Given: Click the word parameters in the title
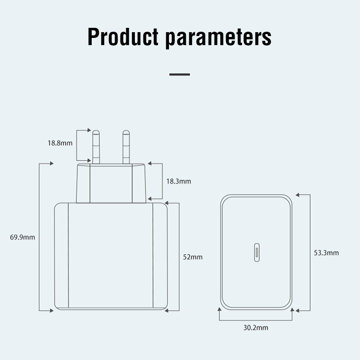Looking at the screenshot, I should tap(218, 37).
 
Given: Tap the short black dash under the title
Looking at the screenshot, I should tap(180, 74).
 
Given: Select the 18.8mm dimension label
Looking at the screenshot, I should tap(60, 143).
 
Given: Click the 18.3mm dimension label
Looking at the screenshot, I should tap(179, 181).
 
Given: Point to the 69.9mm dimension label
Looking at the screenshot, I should tap(23, 237).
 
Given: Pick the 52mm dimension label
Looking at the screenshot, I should tap(193, 257).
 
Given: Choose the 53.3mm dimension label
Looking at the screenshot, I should tap(326, 252).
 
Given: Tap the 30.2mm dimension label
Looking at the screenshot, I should tap(256, 328).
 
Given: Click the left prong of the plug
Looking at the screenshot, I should tap(96, 146).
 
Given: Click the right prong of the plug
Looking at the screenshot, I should tap(126, 146).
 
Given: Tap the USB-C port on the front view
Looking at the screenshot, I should tap(256, 253).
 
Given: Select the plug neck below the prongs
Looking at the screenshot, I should tap(111, 183).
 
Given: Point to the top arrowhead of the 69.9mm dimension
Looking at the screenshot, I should tap(50, 164).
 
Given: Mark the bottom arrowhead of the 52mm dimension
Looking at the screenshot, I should tap(168, 311).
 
